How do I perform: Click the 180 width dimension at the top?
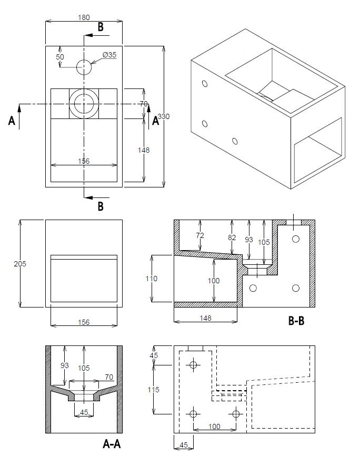click(x=84, y=17)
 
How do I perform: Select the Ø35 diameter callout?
click(x=109, y=54)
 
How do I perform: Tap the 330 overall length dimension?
click(x=164, y=116)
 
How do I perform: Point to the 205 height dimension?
click(x=19, y=263)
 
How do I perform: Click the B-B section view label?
click(x=296, y=320)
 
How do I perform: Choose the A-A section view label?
click(x=113, y=444)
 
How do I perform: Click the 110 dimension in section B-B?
click(x=152, y=279)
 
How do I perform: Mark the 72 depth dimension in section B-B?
click(x=200, y=235)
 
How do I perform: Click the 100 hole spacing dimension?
click(x=214, y=427)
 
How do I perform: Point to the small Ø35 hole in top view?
click(x=84, y=67)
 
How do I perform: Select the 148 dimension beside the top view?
click(x=144, y=150)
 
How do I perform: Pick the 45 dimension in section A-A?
click(x=84, y=413)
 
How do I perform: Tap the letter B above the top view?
click(x=101, y=27)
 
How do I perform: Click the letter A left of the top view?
click(x=12, y=121)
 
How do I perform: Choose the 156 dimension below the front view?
click(x=84, y=322)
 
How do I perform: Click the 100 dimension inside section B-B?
click(x=213, y=281)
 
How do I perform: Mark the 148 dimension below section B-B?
click(x=206, y=318)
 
